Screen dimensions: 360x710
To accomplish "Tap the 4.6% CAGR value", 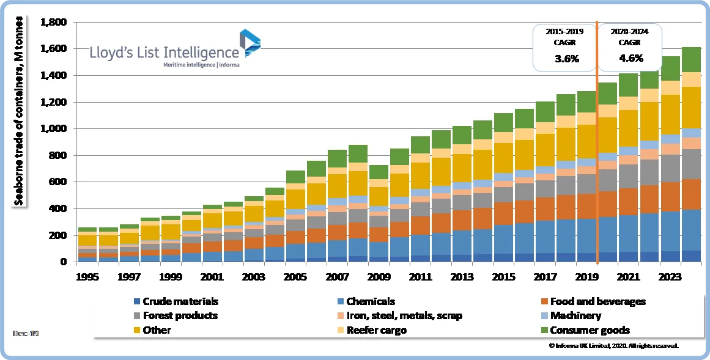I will [629, 59].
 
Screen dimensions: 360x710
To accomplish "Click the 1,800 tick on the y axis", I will [53, 23].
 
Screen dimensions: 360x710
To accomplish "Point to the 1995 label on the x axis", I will [87, 276].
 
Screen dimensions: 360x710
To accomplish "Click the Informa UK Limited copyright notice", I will [614, 346].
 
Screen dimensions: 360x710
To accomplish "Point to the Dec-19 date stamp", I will [23, 333].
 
